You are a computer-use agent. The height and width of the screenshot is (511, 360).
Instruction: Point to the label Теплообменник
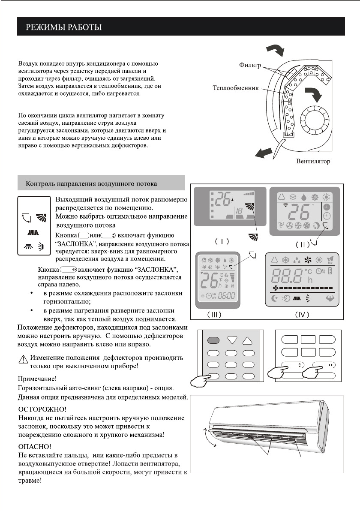236,89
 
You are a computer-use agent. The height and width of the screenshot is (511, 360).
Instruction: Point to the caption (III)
215,314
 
